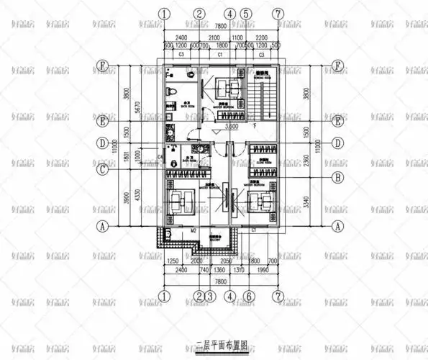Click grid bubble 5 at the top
click(246, 14)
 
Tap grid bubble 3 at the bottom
click(210, 296)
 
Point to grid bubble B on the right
click(336, 176)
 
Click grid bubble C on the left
click(104, 170)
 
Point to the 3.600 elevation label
click(232, 127)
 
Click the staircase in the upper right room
click(263, 94)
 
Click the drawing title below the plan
click(215, 345)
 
